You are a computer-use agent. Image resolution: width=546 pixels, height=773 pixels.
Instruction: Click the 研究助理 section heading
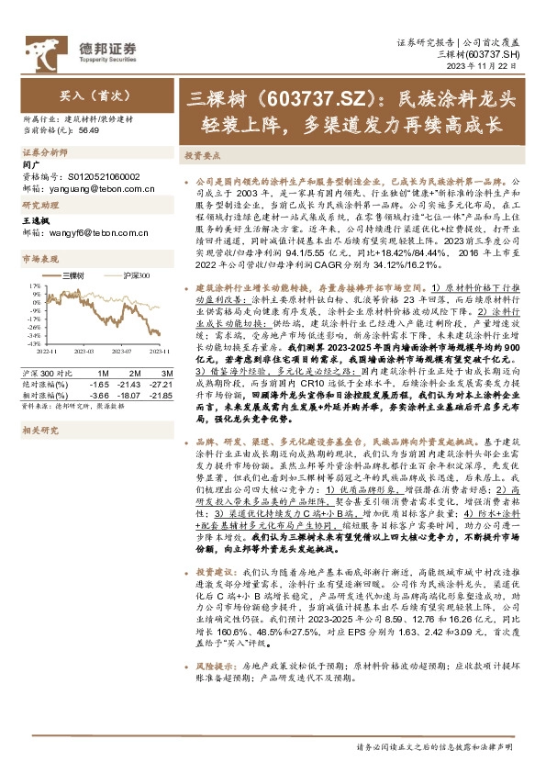(x=38, y=206)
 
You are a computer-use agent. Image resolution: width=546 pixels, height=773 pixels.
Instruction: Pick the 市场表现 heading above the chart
(x=38, y=260)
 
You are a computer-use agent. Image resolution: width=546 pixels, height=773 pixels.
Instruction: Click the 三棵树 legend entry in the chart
(x=74, y=275)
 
